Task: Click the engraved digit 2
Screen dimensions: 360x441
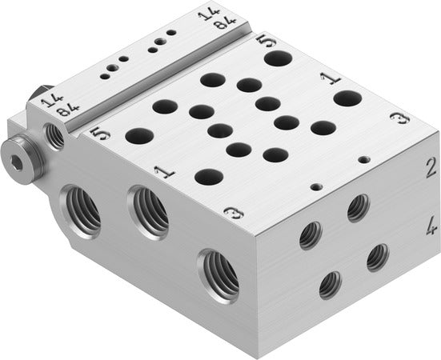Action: [430, 167]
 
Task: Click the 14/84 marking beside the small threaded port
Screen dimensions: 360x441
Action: [48, 105]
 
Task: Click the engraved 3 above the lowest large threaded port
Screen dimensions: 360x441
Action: [232, 212]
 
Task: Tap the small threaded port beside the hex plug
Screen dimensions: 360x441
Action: [55, 138]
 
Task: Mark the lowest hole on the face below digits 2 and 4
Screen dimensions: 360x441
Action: [329, 285]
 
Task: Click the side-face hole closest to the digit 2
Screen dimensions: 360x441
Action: [357, 209]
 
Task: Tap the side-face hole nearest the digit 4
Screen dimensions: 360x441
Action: [377, 257]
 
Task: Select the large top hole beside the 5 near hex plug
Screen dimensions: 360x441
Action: [138, 136]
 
